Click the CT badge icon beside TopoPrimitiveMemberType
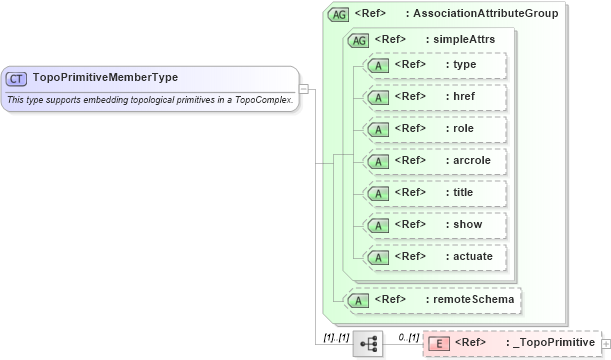pyautogui.click(x=16, y=77)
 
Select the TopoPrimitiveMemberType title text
pyautogui.click(x=92, y=76)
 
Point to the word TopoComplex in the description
pyautogui.click(x=262, y=100)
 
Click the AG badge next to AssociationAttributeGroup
pyautogui.click(x=339, y=14)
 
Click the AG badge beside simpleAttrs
pyautogui.click(x=356, y=40)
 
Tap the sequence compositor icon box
pyautogui.click(x=368, y=343)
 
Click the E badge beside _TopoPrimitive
pyautogui.click(x=438, y=344)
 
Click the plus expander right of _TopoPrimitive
pyautogui.click(x=605, y=344)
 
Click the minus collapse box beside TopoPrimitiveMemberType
pyautogui.click(x=303, y=89)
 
